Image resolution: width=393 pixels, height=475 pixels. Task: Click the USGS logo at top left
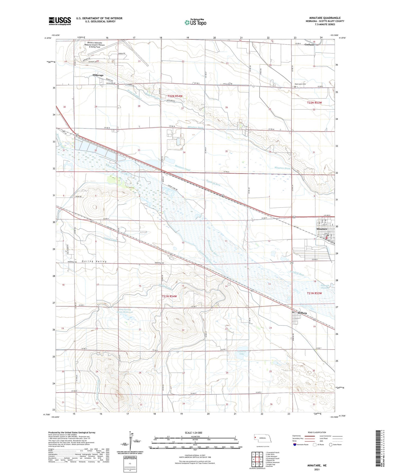pyautogui.click(x=60, y=21)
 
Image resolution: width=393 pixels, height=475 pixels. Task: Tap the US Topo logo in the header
pyautogui.click(x=195, y=22)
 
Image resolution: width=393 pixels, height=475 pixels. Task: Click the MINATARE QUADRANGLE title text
pyautogui.click(x=325, y=18)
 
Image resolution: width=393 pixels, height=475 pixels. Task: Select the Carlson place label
pyautogui.click(x=309, y=45)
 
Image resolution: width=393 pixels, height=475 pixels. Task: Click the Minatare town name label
pyautogui.click(x=322, y=229)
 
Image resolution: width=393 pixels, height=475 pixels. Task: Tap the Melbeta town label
pyautogui.click(x=301, y=313)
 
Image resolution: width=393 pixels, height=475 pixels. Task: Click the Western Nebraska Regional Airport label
pyautogui.click(x=95, y=45)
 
